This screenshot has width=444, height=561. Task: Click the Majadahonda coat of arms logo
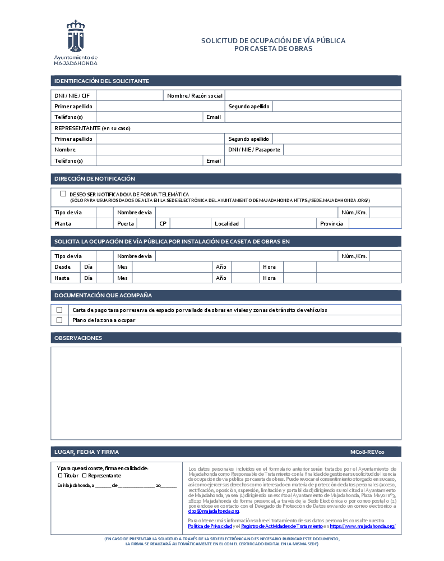tap(76, 36)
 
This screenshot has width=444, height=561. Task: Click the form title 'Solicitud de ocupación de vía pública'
tap(273, 41)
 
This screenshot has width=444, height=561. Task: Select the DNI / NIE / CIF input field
tap(129, 95)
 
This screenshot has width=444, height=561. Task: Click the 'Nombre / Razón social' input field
tap(313, 95)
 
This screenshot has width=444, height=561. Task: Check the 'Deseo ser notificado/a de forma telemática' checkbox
tap(63, 194)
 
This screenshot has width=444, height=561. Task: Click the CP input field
tap(190, 223)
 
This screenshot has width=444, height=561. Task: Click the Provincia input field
tap(374, 223)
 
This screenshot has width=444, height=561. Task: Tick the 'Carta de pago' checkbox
tap(59, 310)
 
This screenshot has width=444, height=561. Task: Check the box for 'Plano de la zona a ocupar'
tap(59, 320)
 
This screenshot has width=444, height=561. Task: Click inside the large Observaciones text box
tap(226, 393)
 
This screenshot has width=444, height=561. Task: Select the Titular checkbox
tap(61, 475)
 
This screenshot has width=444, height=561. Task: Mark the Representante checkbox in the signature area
tap(84, 475)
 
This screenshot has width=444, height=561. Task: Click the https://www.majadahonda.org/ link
tap(363, 526)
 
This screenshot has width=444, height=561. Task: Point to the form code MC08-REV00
tap(367, 452)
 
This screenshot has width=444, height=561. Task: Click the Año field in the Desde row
tap(244, 267)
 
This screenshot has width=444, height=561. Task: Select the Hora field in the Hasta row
tap(299, 278)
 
